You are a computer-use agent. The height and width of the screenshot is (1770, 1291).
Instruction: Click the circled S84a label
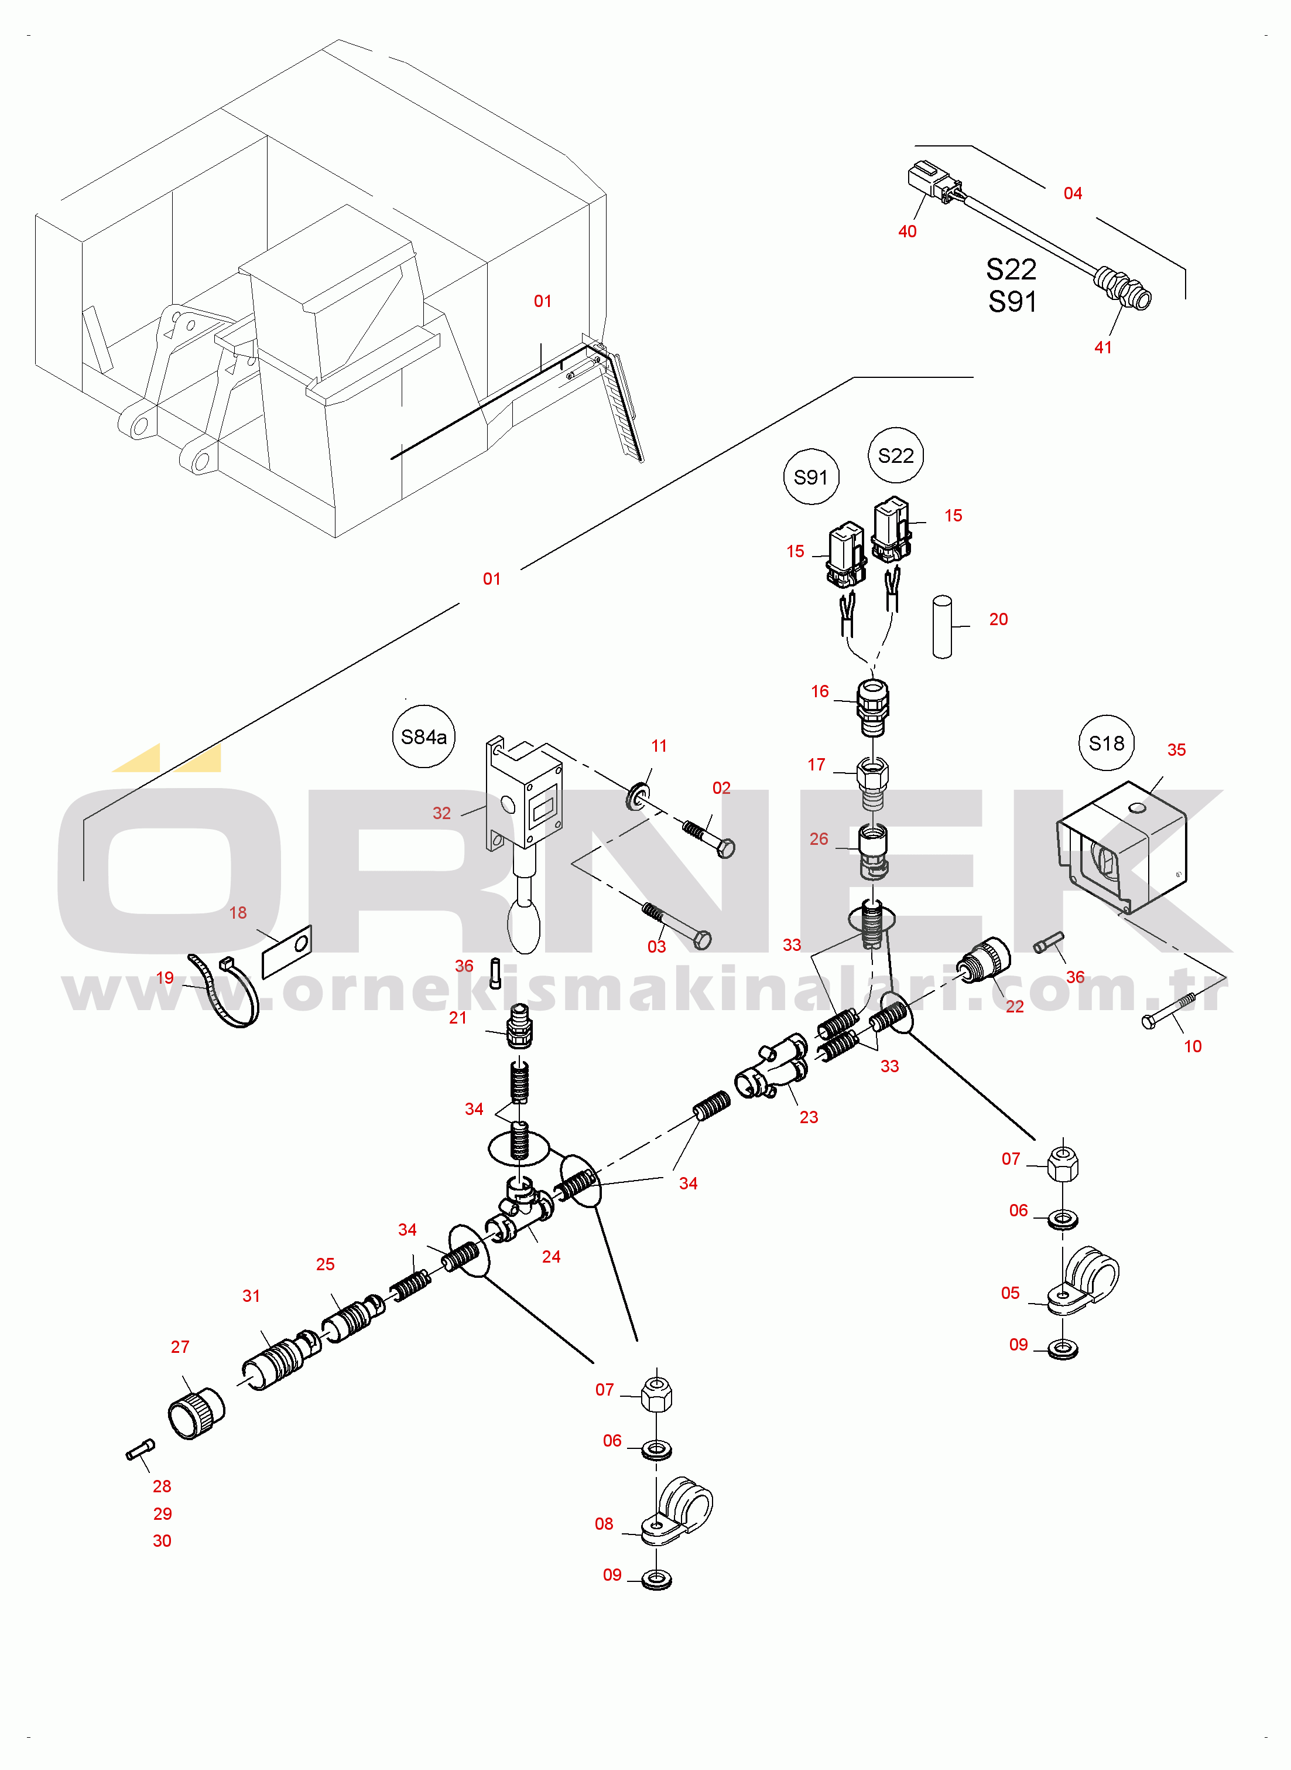pos(423,736)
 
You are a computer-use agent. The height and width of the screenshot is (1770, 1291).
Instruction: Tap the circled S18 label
pos(1106,743)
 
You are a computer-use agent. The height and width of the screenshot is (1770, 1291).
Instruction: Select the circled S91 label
pos(810,477)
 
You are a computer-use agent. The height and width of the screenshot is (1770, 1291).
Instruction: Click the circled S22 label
pos(896,455)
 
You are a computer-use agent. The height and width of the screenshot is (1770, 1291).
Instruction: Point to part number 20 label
pos(998,619)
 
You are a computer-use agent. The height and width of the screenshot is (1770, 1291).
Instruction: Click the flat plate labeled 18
pos(287,951)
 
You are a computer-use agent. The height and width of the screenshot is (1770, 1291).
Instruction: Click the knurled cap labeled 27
pos(196,1413)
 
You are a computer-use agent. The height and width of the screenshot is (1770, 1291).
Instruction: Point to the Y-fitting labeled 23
pos(770,1067)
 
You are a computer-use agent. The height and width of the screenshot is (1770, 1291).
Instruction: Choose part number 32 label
pos(441,813)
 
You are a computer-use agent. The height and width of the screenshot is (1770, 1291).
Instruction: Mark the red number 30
pos(162,1540)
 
